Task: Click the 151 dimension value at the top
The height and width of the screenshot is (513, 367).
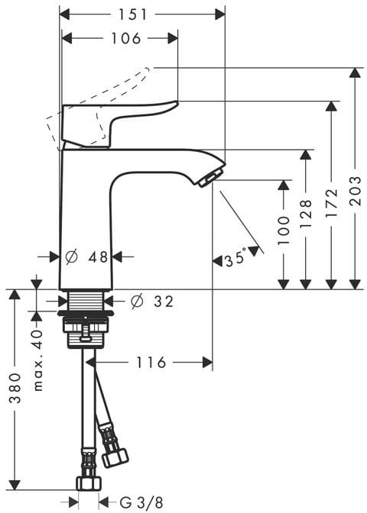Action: click(133, 15)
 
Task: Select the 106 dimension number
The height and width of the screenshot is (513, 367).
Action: click(126, 39)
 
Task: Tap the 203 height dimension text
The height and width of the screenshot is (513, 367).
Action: click(355, 191)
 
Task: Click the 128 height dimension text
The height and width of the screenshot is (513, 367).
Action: click(305, 213)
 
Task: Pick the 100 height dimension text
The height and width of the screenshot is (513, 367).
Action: click(284, 231)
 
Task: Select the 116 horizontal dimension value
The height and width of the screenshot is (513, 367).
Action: click(151, 363)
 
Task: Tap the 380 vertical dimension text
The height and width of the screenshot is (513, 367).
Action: click(15, 388)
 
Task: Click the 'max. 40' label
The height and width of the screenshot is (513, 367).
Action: click(38, 360)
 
